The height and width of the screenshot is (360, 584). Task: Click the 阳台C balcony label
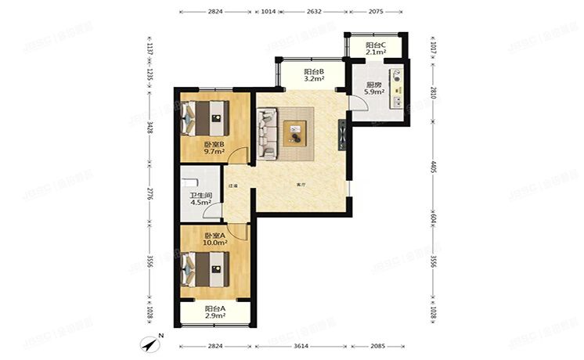(x=373, y=45)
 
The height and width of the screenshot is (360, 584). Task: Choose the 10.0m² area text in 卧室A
(x=214, y=243)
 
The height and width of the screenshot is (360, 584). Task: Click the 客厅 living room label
(x=301, y=185)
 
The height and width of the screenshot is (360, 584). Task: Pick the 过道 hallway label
(x=233, y=186)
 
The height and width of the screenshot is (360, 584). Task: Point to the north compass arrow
(x=150, y=342)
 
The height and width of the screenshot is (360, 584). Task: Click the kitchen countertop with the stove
(x=400, y=90)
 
